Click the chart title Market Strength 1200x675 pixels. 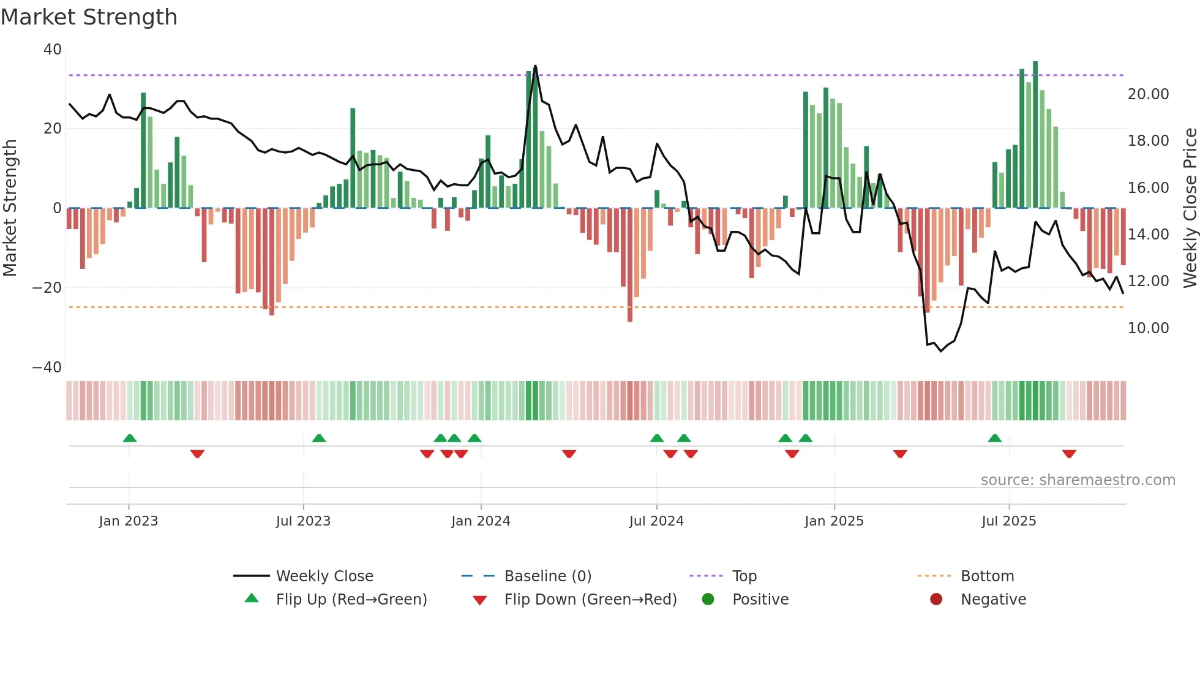89,17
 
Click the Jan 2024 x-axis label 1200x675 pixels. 481,521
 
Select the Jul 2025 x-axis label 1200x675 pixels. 1008,521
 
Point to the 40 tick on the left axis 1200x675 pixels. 53,50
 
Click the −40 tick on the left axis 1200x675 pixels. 47,368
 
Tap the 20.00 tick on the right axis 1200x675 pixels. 1148,94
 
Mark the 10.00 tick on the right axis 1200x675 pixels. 1148,328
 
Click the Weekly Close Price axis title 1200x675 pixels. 1190,208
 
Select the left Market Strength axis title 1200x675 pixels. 10,208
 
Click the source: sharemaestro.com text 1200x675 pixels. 1078,480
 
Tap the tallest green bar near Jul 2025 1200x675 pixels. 1035,135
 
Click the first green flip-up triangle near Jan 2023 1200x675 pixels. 130,438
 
